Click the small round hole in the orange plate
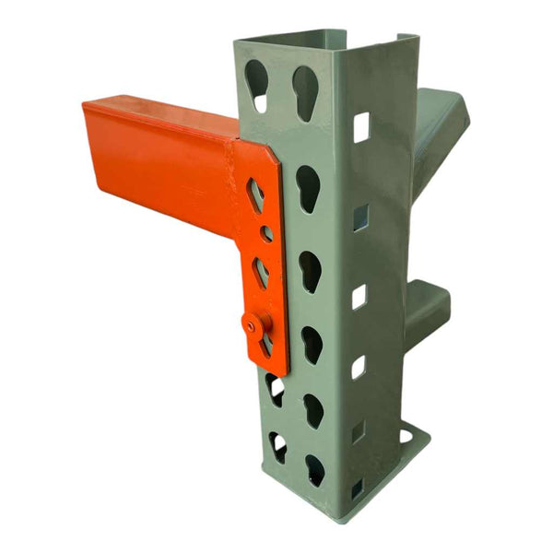click(x=265, y=234)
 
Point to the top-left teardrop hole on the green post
click(x=257, y=85)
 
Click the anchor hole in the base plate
click(x=405, y=435)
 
